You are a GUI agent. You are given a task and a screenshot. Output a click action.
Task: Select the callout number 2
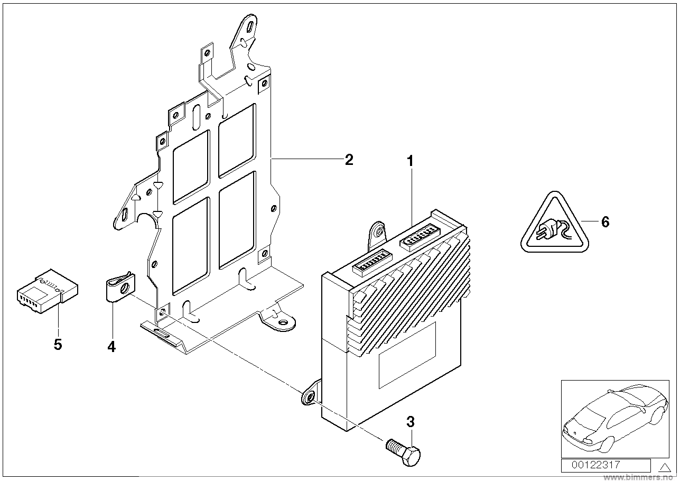pos(348,160)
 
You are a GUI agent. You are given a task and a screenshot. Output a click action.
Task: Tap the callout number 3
pos(411,422)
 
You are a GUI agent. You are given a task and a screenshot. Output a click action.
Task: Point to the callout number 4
pos(111,347)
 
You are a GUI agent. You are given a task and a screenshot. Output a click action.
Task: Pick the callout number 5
pos(58,345)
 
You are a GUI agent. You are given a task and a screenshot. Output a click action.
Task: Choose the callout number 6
pos(605,222)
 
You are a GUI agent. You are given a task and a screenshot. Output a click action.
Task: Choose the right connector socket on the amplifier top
pos(422,236)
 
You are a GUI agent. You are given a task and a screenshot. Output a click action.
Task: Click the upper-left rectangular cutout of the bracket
pos(191,166)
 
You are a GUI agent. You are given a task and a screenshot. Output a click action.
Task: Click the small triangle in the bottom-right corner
pos(664,466)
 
